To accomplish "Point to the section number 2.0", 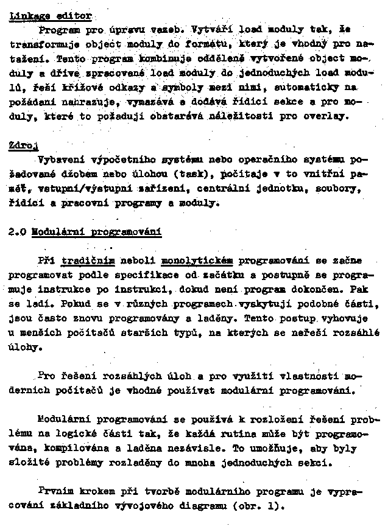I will pyautogui.click(x=18, y=231).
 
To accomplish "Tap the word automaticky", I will pyautogui.click(x=312, y=88).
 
